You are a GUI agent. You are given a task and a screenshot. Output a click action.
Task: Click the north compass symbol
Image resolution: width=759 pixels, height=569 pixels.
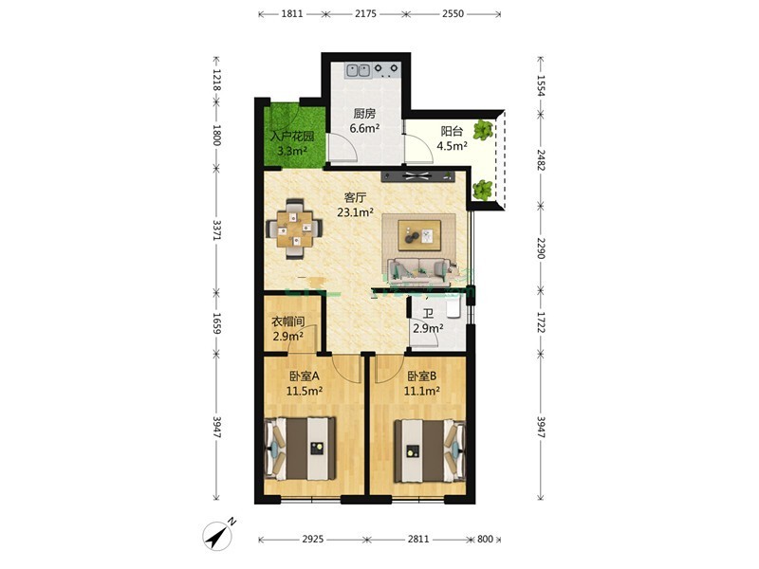pyautogui.click(x=219, y=535)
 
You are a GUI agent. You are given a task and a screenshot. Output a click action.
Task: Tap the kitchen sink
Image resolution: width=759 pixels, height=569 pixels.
pyautogui.click(x=358, y=70)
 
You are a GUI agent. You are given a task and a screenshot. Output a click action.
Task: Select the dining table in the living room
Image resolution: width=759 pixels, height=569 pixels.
pyautogui.click(x=295, y=229)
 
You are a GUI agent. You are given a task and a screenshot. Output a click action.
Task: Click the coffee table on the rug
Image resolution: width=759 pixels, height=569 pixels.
pyautogui.click(x=419, y=235)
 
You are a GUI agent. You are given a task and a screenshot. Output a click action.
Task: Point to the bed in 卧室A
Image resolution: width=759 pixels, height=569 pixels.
pyautogui.click(x=301, y=450)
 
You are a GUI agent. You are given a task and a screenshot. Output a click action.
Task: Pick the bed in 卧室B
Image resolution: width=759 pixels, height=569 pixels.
pyautogui.click(x=430, y=451)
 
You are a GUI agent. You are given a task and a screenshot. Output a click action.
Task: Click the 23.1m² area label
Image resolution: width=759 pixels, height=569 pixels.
pyautogui.click(x=355, y=212)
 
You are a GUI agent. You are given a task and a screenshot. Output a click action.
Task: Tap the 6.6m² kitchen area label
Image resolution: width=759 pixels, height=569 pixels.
pyautogui.click(x=364, y=128)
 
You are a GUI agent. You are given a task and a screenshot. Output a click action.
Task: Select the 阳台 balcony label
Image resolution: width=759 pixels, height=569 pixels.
pyautogui.click(x=452, y=131)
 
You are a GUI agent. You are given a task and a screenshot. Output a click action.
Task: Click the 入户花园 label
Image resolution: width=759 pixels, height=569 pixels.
pyautogui.click(x=292, y=136)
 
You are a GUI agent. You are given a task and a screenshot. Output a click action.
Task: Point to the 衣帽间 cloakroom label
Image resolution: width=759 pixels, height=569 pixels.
pyautogui.click(x=287, y=321)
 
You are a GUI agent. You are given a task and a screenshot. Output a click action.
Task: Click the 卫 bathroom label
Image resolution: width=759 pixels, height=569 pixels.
pyautogui.click(x=428, y=315)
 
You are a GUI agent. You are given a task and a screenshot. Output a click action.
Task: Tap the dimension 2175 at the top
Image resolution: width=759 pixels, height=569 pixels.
pyautogui.click(x=365, y=13)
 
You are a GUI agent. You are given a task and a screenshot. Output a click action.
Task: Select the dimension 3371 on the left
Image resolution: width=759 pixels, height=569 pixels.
pyautogui.click(x=217, y=230)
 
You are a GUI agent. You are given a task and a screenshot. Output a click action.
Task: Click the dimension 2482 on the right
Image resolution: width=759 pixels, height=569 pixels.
pyautogui.click(x=541, y=160)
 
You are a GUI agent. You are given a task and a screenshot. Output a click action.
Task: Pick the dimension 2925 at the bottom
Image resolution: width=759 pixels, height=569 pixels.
pyautogui.click(x=313, y=539)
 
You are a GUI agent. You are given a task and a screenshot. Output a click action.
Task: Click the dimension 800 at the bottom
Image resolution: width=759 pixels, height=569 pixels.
pyautogui.click(x=485, y=539)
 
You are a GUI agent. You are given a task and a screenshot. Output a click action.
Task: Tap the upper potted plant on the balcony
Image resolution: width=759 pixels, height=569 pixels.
pyautogui.click(x=483, y=130)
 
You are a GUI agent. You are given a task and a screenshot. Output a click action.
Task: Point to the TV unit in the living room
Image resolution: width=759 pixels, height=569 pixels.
pyautogui.click(x=418, y=176)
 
